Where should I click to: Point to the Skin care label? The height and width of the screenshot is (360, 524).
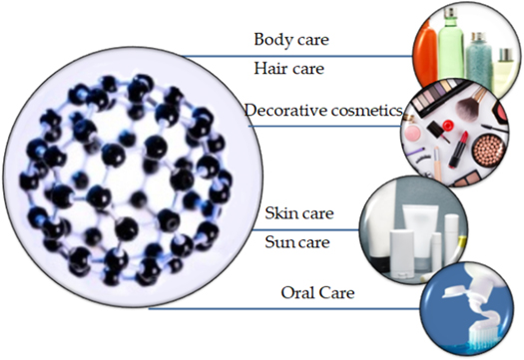coord(299,213)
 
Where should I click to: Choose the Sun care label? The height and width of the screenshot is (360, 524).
coord(299,242)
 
